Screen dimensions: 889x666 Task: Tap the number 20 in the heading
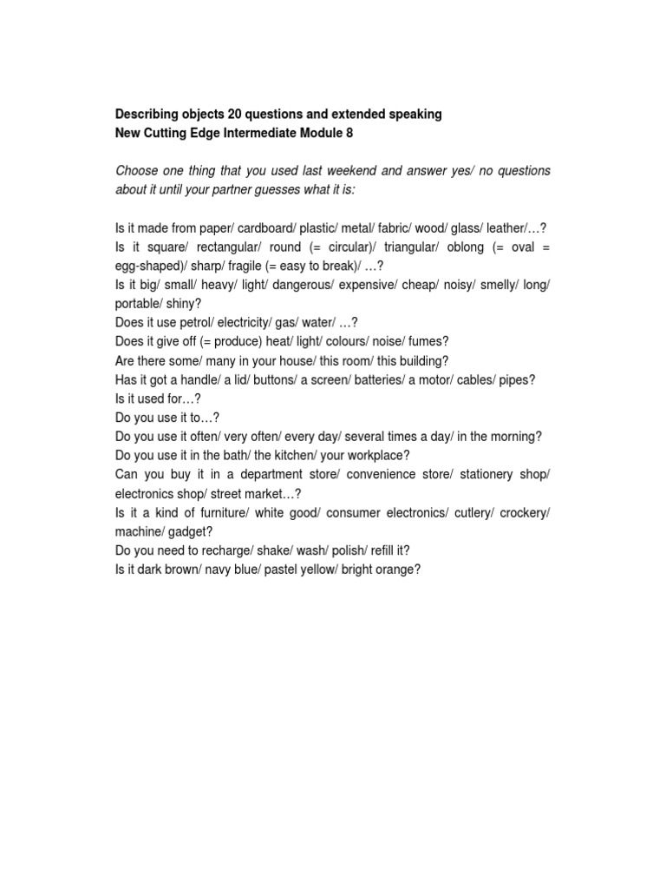click(235, 114)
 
